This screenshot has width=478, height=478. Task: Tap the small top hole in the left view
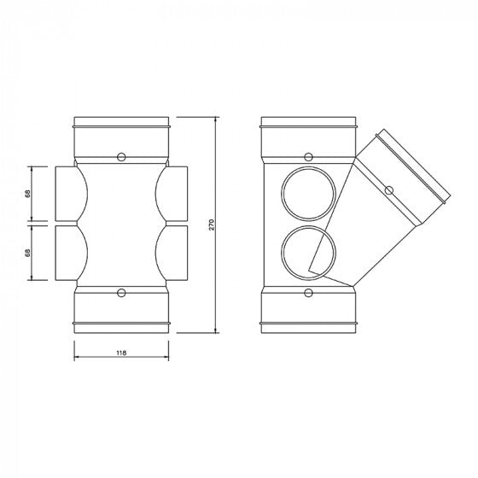click(x=121, y=156)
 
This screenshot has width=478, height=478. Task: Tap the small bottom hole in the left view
click(x=121, y=294)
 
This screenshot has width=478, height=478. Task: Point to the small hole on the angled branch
click(x=389, y=189)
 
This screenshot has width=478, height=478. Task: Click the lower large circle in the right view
click(x=303, y=251)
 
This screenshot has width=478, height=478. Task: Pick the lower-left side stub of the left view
click(x=67, y=253)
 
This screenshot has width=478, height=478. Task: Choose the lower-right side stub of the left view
click(x=175, y=253)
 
